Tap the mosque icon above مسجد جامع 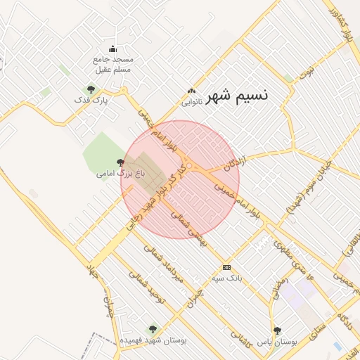(x=114, y=49)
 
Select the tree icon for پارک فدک (x=91, y=89)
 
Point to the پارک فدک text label (x=92, y=101)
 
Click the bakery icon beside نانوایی (x=191, y=91)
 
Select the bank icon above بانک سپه (x=226, y=267)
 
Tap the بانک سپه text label (x=226, y=278)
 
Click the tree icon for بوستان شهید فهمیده (x=153, y=329)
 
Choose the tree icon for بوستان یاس (x=277, y=330)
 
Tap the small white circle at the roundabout (x=189, y=166)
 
